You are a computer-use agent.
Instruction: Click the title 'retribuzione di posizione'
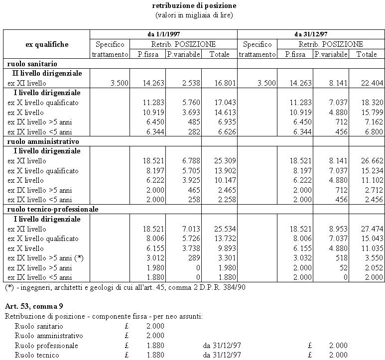194,6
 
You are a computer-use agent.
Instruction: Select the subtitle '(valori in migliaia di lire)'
194,15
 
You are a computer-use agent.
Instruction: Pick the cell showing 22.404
367,83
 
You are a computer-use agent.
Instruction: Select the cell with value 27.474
367,229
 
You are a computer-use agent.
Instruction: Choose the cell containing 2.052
367,268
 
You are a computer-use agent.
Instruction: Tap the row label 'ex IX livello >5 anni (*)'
45,258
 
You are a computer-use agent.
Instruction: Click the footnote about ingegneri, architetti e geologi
125,287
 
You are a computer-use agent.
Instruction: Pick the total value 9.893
221,248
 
